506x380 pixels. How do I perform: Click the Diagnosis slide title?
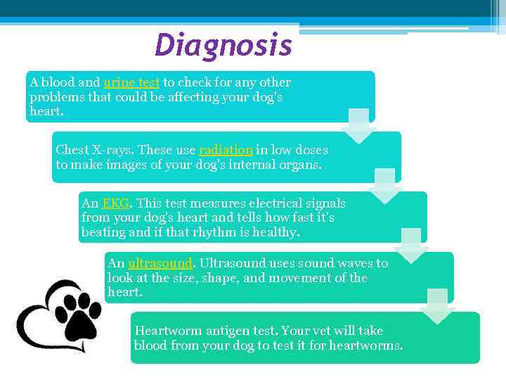pyautogui.click(x=223, y=46)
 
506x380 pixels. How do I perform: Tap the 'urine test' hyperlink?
pyautogui.click(x=131, y=82)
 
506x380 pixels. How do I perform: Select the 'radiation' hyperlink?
pyautogui.click(x=226, y=150)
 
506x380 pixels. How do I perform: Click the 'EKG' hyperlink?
pyautogui.click(x=116, y=203)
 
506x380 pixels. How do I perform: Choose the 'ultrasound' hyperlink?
pyautogui.click(x=160, y=263)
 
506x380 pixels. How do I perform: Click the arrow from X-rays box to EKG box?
pyautogui.click(x=384, y=186)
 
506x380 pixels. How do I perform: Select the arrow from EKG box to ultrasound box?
pyautogui.click(x=410, y=246)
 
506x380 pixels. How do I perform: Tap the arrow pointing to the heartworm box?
pyautogui.click(x=437, y=306)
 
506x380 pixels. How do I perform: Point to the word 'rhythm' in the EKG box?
pyautogui.click(x=211, y=232)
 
